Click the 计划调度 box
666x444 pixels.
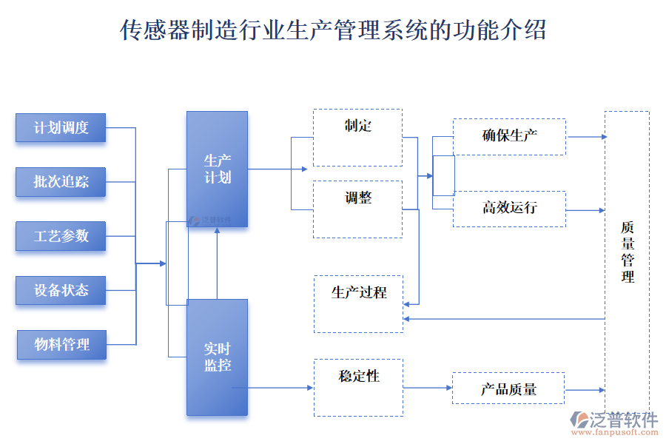point(61,127)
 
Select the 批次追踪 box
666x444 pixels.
point(61,182)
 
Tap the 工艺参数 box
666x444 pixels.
point(61,236)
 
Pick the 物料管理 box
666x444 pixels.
point(61,345)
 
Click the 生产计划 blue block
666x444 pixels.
point(217,169)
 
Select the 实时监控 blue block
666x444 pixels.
point(217,357)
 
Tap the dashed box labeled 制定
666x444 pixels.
point(357,138)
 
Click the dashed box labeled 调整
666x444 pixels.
point(357,209)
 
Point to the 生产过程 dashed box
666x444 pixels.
point(358,304)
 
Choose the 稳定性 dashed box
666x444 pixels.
point(358,387)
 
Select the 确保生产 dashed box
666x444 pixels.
point(509,137)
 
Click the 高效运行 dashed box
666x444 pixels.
point(509,209)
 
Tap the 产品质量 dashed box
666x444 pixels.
point(508,388)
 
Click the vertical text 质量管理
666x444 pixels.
point(628,252)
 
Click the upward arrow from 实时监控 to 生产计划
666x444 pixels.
point(217,263)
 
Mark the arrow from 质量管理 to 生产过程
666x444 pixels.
point(503,319)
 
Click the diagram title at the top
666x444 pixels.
point(333,30)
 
